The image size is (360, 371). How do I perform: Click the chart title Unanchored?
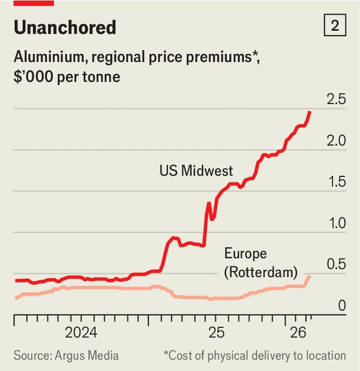[x=65, y=27]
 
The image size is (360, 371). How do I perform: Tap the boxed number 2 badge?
[x=335, y=27]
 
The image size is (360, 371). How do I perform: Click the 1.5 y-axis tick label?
[x=336, y=182]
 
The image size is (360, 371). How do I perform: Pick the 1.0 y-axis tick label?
[x=336, y=223]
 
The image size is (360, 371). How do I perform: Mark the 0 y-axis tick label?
[x=342, y=306]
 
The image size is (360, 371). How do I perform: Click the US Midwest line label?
[x=196, y=171]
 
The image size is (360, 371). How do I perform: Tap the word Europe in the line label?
[x=245, y=254]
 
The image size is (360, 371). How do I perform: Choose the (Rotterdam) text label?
[x=261, y=272]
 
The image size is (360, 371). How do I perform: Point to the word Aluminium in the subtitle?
[x=47, y=58]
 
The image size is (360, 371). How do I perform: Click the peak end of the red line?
[x=310, y=112]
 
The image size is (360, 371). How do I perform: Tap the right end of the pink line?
[x=309, y=276]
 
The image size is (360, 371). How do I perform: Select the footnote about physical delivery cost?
[x=255, y=355]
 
